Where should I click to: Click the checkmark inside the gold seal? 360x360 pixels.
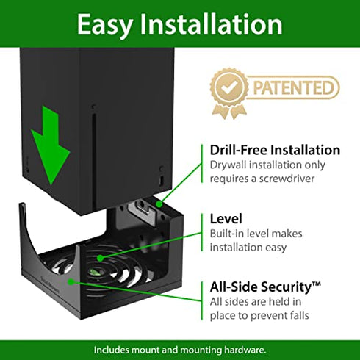tap(228, 87)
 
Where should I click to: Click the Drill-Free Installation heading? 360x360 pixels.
tap(275, 150)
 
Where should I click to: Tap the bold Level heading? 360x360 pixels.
tap(226, 219)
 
